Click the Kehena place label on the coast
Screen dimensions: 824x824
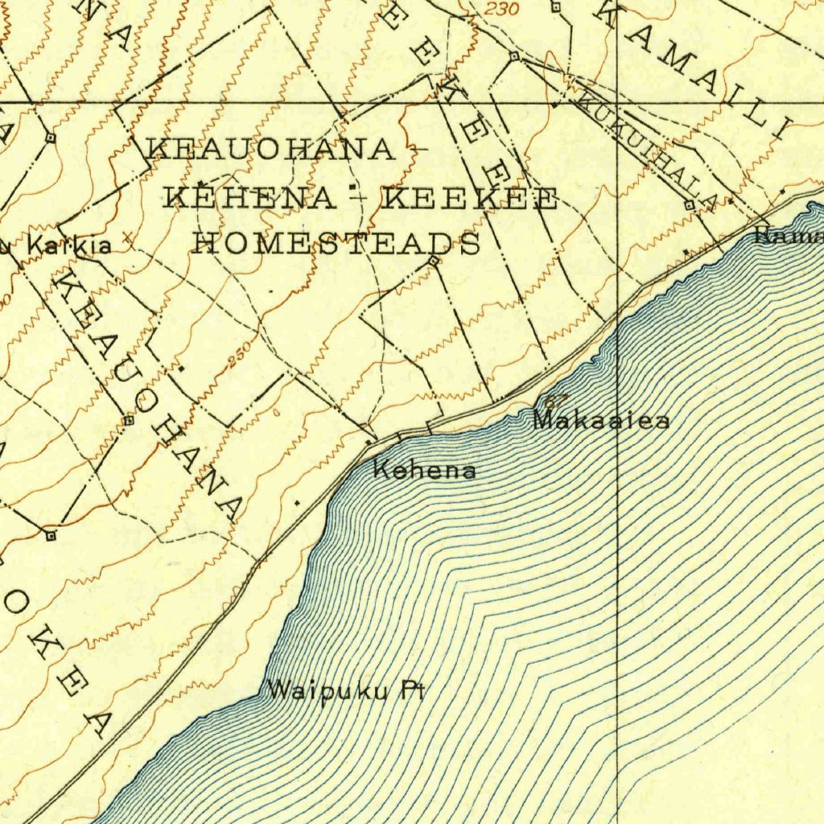pyautogui.click(x=425, y=470)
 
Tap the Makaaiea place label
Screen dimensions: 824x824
pyautogui.click(x=601, y=419)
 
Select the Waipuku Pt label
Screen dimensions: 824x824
pyautogui.click(x=346, y=690)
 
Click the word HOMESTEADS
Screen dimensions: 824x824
pyautogui.click(x=336, y=242)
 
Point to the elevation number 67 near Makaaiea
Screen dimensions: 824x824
pyautogui.click(x=555, y=400)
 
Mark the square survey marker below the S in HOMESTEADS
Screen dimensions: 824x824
pyautogui.click(x=434, y=262)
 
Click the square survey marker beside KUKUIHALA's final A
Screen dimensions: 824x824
pyautogui.click(x=690, y=206)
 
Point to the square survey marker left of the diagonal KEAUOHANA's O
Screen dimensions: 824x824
pyautogui.click(x=129, y=421)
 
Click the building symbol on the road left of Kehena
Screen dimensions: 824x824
pyautogui.click(x=369, y=442)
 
